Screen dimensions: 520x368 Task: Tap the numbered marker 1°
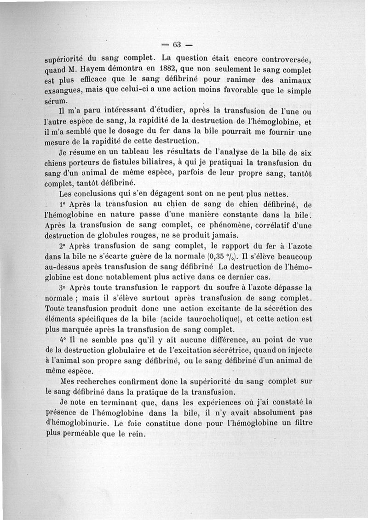[63, 204]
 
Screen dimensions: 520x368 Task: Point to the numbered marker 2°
[63, 245]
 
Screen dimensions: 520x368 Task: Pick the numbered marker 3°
[63, 287]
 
